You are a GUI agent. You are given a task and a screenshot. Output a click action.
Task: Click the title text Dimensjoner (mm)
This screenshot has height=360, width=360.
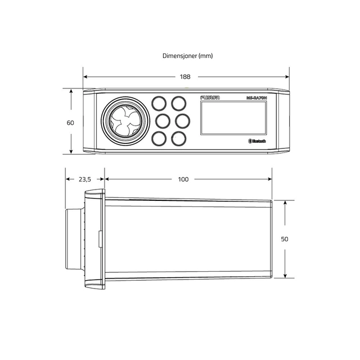(187, 56)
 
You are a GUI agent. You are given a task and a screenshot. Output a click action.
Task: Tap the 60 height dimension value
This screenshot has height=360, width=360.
(70, 123)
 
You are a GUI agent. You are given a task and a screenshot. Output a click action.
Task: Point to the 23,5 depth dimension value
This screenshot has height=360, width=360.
(84, 179)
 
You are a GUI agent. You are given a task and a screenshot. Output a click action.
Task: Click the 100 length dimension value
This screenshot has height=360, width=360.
(183, 179)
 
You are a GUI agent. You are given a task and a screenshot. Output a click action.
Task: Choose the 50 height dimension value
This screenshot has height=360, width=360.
(285, 239)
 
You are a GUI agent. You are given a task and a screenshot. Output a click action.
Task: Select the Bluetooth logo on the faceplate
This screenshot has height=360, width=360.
(258, 141)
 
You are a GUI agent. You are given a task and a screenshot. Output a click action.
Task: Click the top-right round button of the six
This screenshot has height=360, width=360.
(179, 103)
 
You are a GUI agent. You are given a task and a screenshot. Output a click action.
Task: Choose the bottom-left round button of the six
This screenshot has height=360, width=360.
(159, 138)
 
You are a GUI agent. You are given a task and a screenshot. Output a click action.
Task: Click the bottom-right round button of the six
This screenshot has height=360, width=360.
(179, 138)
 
